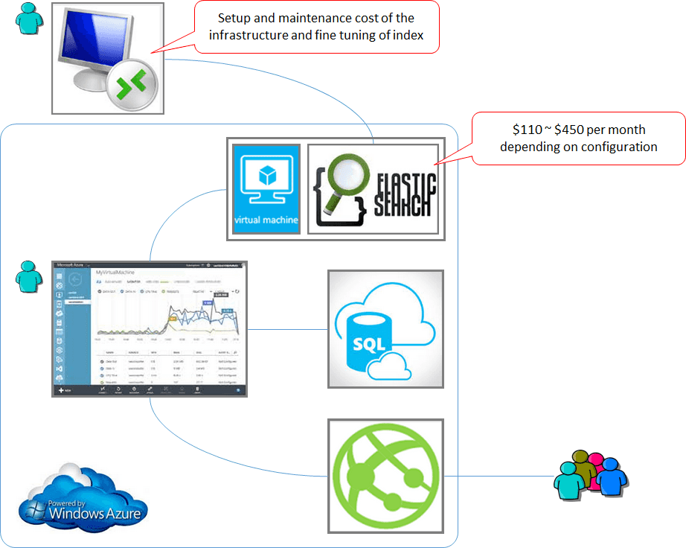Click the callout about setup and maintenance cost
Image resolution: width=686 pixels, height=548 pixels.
316,27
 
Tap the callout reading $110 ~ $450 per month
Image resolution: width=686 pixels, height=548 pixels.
578,138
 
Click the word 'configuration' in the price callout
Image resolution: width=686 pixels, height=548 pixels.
616,147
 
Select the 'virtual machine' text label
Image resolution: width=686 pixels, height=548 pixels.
266,220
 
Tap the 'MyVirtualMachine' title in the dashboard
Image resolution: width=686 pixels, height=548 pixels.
119,273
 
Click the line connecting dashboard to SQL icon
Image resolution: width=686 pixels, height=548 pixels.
287,329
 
